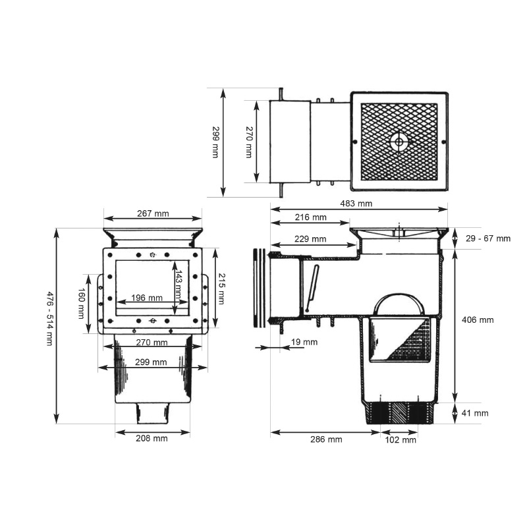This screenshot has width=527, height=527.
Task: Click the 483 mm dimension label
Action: [356, 204]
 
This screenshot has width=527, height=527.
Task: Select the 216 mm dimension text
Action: [310, 217]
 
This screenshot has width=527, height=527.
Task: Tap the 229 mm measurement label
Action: [310, 239]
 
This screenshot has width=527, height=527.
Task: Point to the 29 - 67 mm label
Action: [488, 238]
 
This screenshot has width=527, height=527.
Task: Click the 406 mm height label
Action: [478, 320]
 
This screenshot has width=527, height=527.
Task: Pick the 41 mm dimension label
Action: [475, 413]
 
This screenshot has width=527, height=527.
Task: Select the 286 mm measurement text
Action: [326, 439]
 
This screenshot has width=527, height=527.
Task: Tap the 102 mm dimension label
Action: [401, 440]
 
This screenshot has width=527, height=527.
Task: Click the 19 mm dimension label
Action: [304, 342]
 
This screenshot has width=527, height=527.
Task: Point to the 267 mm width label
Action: [153, 213]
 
